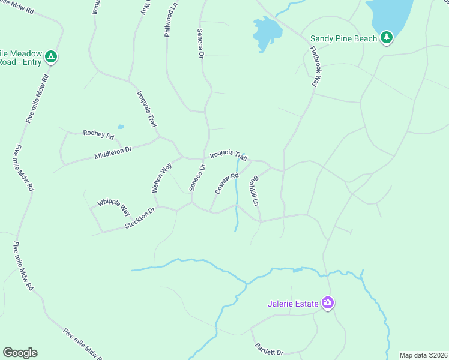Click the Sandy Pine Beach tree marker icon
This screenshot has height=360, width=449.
[x=387, y=38]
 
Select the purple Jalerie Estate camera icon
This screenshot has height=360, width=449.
[x=327, y=303]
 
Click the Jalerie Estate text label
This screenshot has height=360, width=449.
[x=293, y=304]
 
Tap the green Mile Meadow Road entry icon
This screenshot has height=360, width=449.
[x=52, y=57]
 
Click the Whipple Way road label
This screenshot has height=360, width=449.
[x=114, y=207]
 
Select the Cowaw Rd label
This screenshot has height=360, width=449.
[x=227, y=184]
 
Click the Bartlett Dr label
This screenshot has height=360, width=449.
[x=269, y=349]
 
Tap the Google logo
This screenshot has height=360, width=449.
[x=20, y=353]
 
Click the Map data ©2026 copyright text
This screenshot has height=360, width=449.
[x=423, y=355]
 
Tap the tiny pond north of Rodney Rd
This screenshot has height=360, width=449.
[x=121, y=127]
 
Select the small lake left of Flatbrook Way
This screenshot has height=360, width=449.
[x=266, y=33]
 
